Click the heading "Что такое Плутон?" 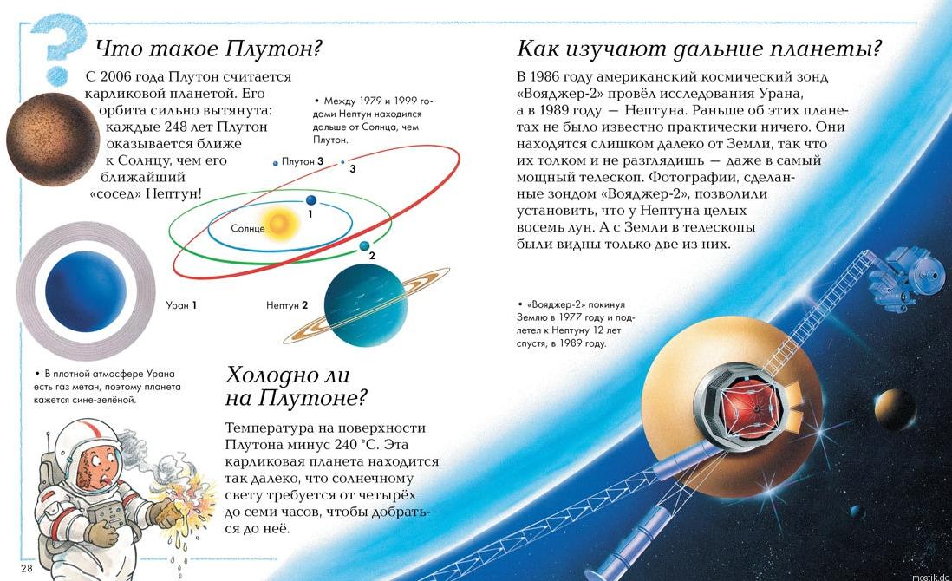[x=208, y=49]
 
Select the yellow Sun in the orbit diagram [x=283, y=224]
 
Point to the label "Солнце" [x=248, y=228]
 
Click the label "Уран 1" [x=181, y=305]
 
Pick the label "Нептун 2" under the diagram [x=287, y=305]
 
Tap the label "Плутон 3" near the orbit [x=303, y=161]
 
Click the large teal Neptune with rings [x=365, y=305]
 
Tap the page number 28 [x=26, y=567]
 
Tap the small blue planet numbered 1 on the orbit [x=310, y=200]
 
